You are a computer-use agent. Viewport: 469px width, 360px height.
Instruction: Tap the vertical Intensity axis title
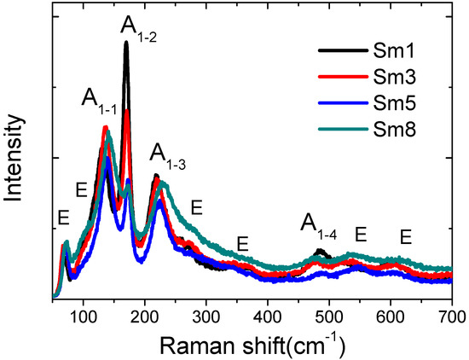click(x=14, y=162)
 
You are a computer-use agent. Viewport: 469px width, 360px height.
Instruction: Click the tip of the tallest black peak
click(x=125, y=43)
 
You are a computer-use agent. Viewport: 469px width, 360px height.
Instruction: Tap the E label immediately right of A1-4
click(x=360, y=233)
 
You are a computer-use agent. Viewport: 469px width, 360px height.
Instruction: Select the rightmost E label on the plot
click(x=406, y=235)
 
